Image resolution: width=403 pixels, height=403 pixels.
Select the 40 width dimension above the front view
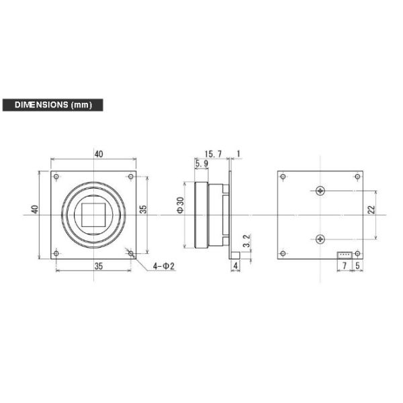[x=99, y=154]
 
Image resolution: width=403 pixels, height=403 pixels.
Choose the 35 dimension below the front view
[x=99, y=266]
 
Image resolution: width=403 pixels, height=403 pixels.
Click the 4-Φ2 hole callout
[x=163, y=267]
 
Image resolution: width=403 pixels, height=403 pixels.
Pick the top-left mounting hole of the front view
[x=56, y=177]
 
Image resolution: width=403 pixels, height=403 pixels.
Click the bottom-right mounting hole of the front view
[x=130, y=253]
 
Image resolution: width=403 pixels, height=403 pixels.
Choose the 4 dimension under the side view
[x=235, y=267]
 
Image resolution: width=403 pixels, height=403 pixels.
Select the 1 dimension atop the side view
[x=238, y=154]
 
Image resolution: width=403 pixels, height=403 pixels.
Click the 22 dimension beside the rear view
[x=371, y=210]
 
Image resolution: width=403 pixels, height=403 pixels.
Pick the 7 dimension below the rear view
[x=345, y=267]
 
